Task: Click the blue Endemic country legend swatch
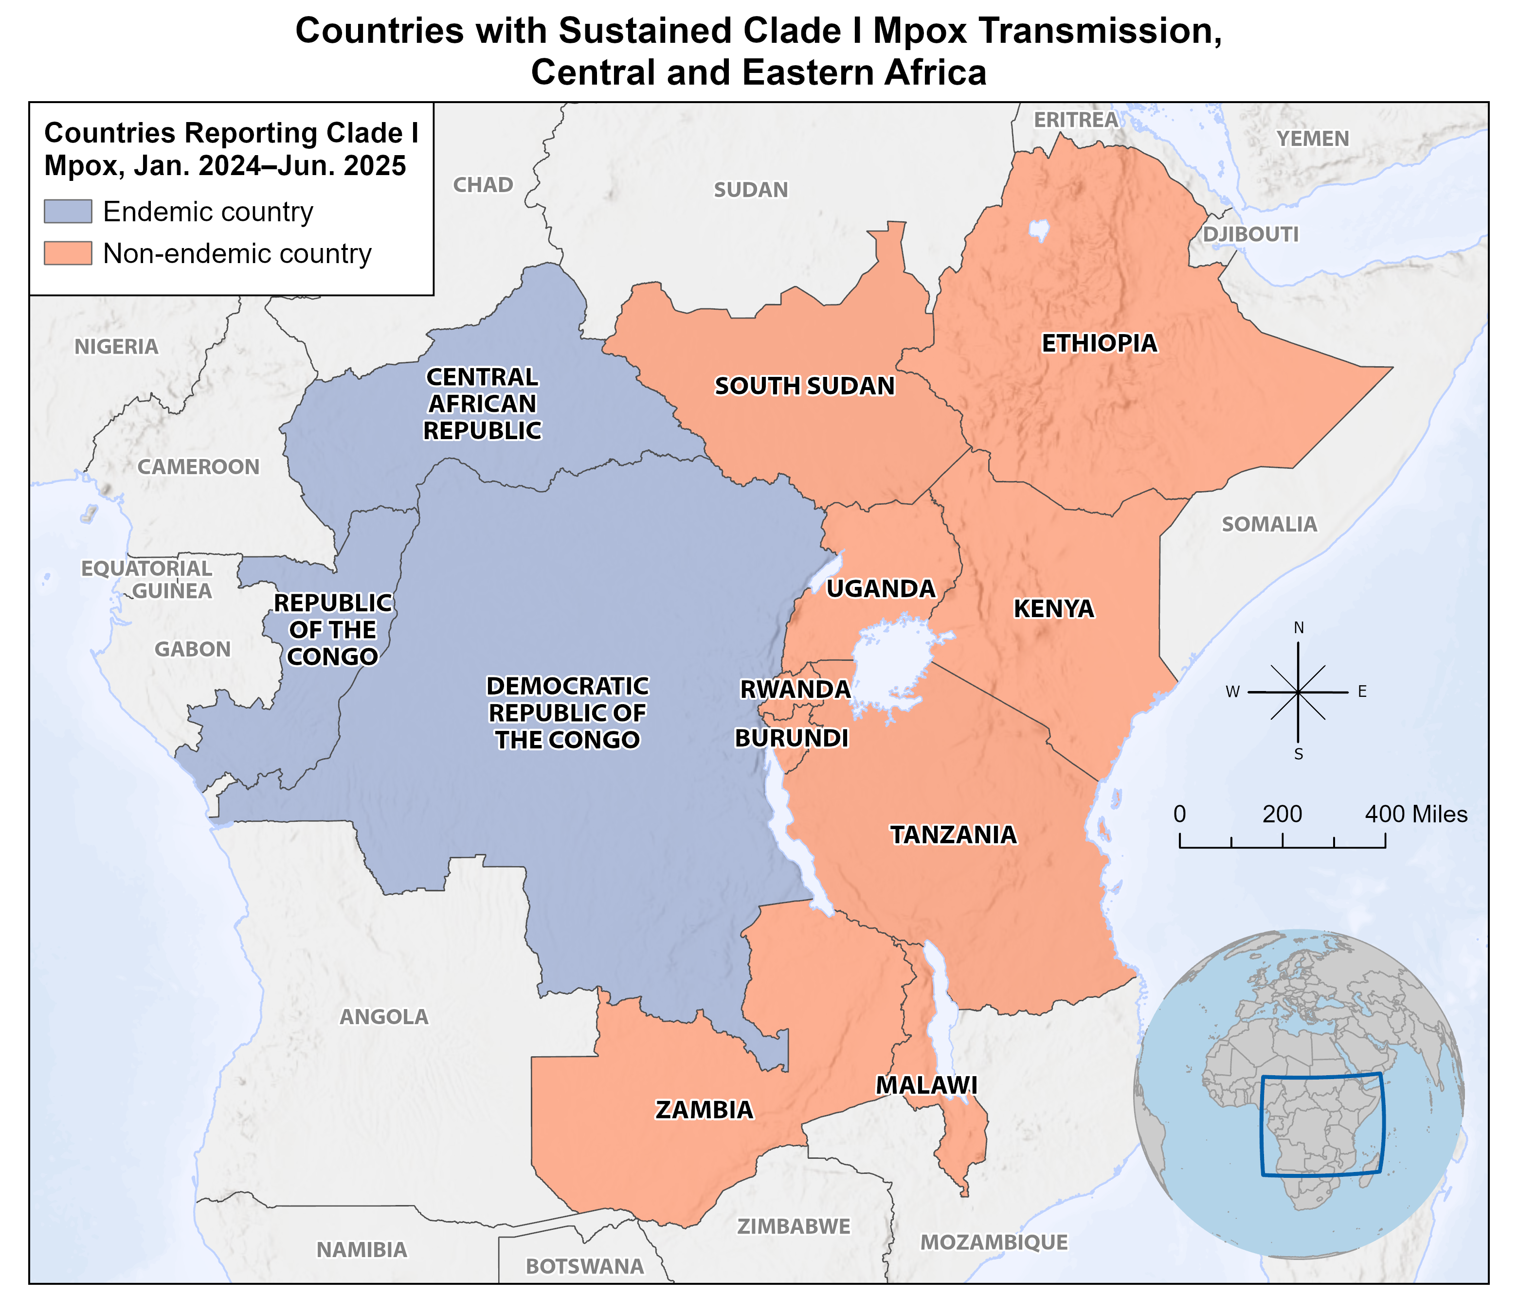click(68, 211)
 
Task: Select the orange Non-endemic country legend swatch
click(68, 253)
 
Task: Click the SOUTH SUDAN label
click(804, 386)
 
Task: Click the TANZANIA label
click(953, 834)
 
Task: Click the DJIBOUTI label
click(1250, 234)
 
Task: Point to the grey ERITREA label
click(1075, 120)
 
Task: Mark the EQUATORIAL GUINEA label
click(146, 579)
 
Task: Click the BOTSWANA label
click(584, 1266)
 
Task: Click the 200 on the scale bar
click(1282, 814)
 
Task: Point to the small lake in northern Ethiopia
click(1039, 230)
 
